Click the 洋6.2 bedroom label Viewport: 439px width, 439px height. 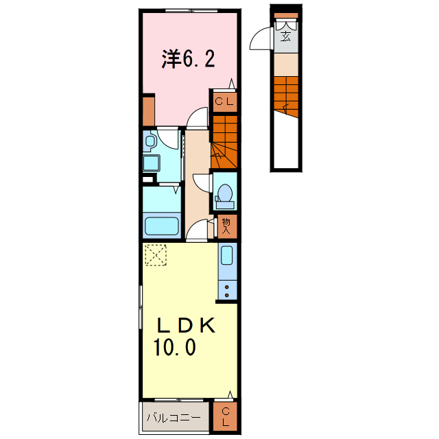(189, 59)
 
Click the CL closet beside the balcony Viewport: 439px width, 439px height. (225, 416)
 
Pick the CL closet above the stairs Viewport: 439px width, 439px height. (224, 103)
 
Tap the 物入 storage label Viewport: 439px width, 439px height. (226, 226)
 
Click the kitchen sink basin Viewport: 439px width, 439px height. (226, 258)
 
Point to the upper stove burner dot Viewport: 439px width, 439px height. (226, 286)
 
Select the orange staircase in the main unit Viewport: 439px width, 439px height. (224, 141)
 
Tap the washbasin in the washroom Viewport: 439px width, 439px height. (150, 141)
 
